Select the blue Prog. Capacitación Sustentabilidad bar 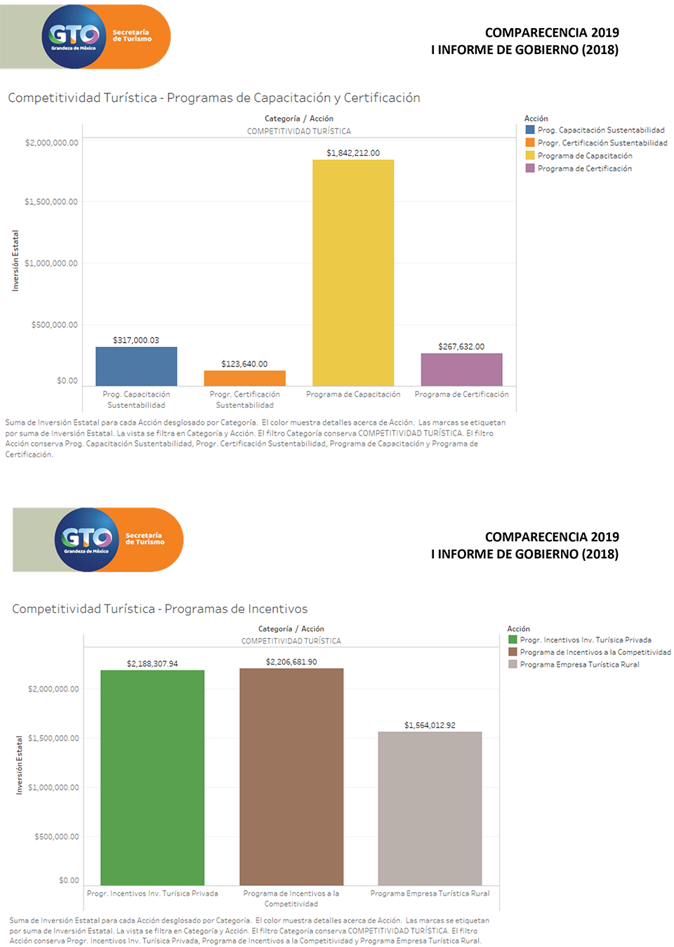coord(136,366)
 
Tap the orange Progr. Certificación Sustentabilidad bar coord(244,378)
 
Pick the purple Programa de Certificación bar coord(461,369)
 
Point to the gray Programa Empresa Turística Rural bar coord(430,808)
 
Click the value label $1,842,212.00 coord(353,153)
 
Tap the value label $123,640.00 coord(244,364)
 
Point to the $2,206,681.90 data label coord(291,662)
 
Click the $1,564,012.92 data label coord(430,725)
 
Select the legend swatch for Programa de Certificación coord(530,168)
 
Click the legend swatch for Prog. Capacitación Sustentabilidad coord(530,130)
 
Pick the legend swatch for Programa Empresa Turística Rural coord(513,664)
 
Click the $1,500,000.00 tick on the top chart coord(51,201)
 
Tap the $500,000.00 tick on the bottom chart coord(57,836)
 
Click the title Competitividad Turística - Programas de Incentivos coord(160,609)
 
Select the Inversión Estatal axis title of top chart coord(15,260)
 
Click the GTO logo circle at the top coord(74,37)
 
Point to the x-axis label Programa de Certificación coord(461,395)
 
